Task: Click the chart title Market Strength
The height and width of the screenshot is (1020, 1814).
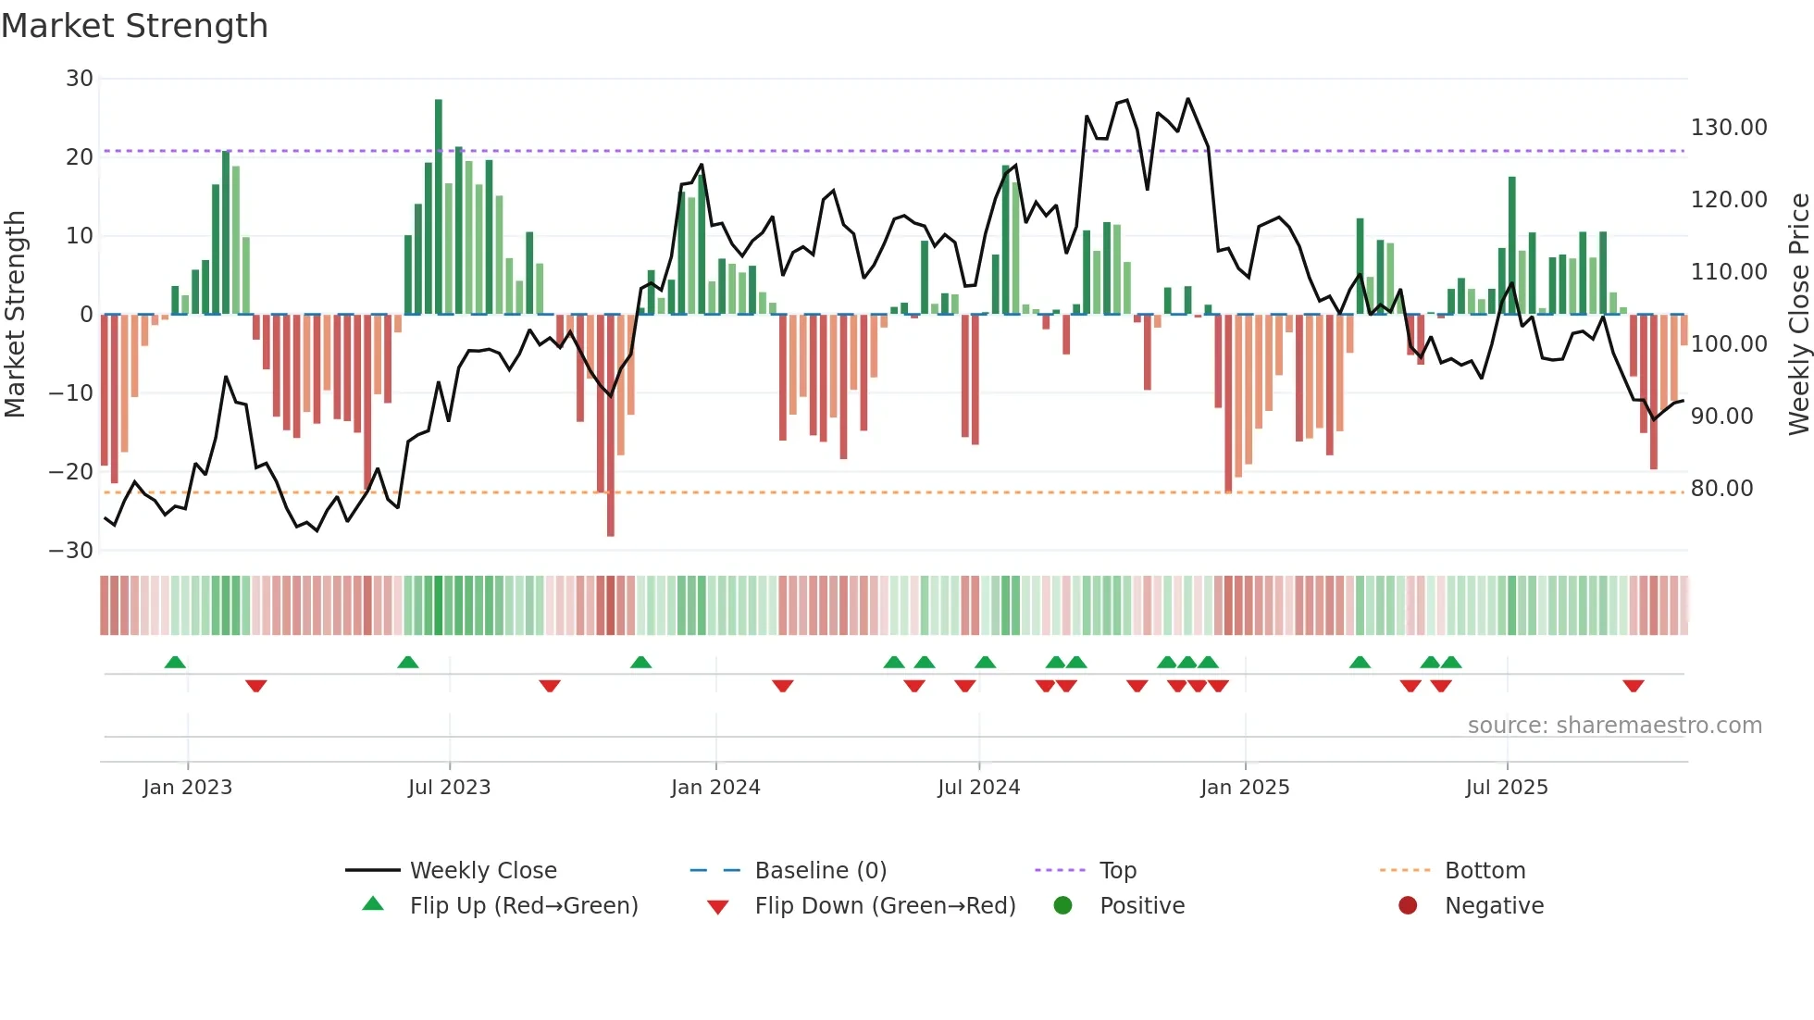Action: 134,26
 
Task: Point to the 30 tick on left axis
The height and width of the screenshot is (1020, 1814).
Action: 80,79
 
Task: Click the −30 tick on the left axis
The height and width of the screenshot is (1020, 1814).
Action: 72,551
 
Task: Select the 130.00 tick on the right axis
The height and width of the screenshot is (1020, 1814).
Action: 1728,128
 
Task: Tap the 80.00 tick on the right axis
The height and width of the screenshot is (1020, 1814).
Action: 1721,489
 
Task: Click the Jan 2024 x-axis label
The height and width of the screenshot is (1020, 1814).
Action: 715,788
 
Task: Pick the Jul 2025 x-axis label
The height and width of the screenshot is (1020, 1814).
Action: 1506,788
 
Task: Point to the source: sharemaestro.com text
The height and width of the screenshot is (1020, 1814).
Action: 1614,726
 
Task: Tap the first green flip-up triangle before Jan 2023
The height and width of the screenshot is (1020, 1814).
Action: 175,662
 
